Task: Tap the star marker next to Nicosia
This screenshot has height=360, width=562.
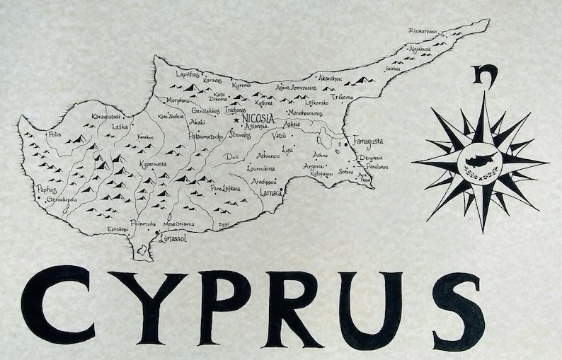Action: pos(236,120)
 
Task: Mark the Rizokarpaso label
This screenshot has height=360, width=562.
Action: pos(423,31)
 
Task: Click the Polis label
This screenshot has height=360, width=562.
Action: pos(54,134)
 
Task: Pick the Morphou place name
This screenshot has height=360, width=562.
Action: pos(178,100)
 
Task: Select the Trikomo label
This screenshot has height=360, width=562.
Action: pos(342,96)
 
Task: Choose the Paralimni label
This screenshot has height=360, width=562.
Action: pos(377,167)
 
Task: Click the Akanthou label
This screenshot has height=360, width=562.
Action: pos(331,77)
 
